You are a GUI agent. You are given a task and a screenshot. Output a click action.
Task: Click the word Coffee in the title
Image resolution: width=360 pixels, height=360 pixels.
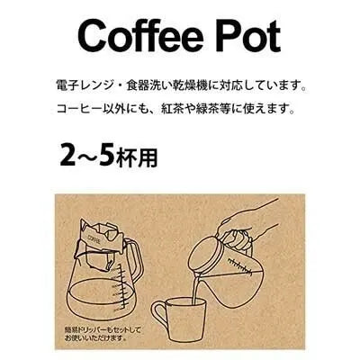click(137, 35)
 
